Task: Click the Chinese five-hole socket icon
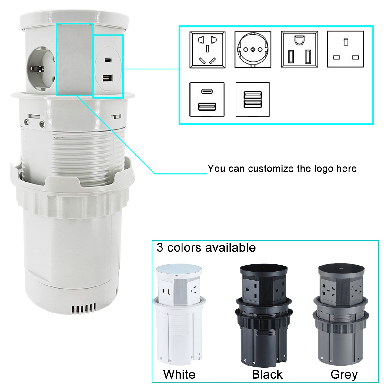coord(207,49)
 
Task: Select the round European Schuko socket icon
coord(253,49)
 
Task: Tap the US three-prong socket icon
coord(299,49)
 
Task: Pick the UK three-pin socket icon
coord(346,49)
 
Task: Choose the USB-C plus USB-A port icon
coord(207,99)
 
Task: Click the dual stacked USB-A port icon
coord(253,99)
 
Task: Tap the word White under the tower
coord(179,374)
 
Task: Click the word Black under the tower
coord(267,374)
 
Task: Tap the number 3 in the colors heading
coord(160,247)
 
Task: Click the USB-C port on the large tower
coord(109,60)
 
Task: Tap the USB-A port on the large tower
coord(108,78)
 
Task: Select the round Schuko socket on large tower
coord(41,69)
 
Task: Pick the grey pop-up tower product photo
coord(341,314)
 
